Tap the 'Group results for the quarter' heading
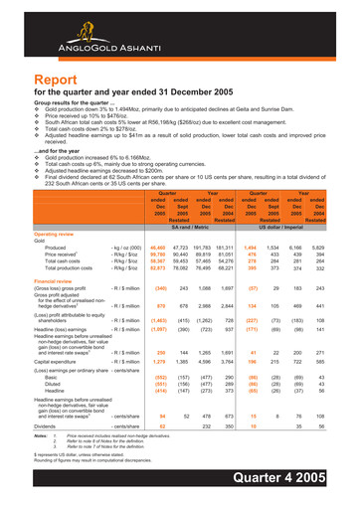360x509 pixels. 75,107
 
